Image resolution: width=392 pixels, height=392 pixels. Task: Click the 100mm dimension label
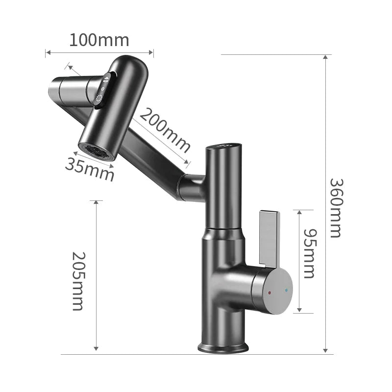pos(99,40)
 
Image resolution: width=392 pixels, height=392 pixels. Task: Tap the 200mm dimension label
pos(165,130)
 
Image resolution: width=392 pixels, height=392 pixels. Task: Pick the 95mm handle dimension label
pos(309,253)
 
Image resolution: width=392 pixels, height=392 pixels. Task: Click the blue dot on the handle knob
pos(286,290)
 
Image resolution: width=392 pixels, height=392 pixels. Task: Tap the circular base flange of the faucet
pos(223,347)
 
